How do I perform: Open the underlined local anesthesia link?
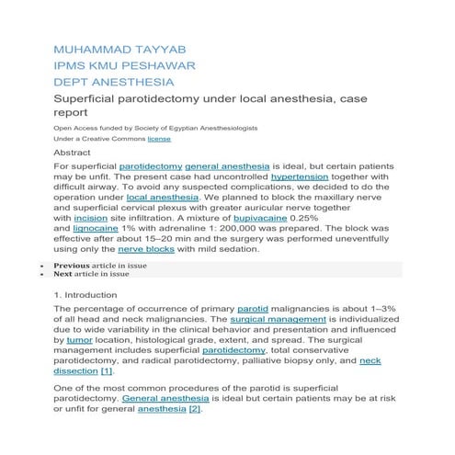point(163,197)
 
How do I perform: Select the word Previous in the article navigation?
point(72,265)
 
